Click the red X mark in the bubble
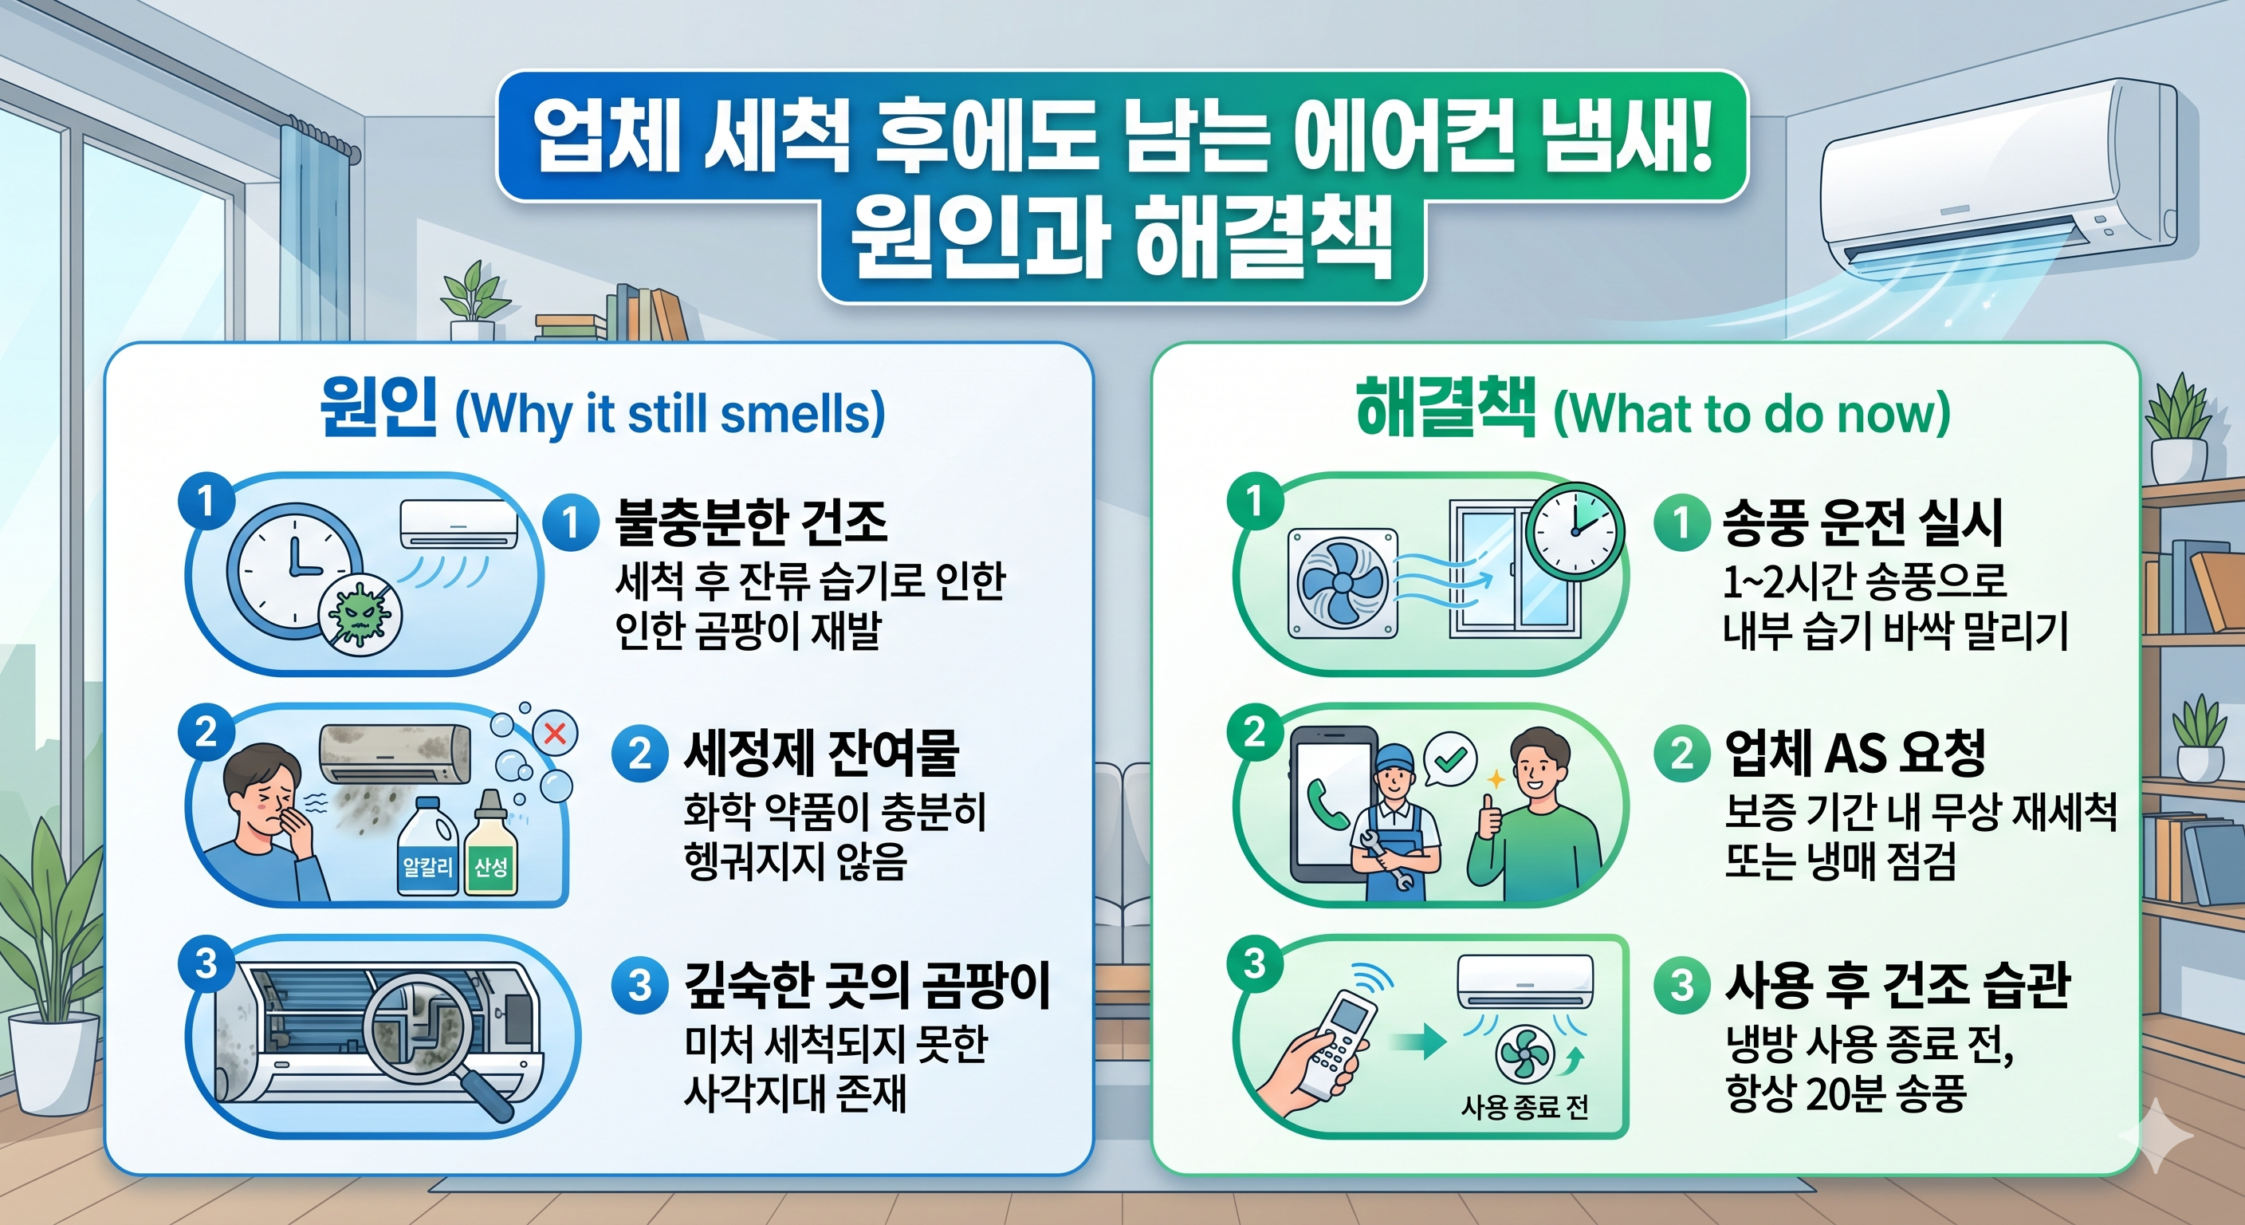554,733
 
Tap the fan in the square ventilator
1341,581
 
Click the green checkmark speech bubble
1449,759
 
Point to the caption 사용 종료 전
1524,1107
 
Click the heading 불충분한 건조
750,522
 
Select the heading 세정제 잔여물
820,752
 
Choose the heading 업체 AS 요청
1854,751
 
